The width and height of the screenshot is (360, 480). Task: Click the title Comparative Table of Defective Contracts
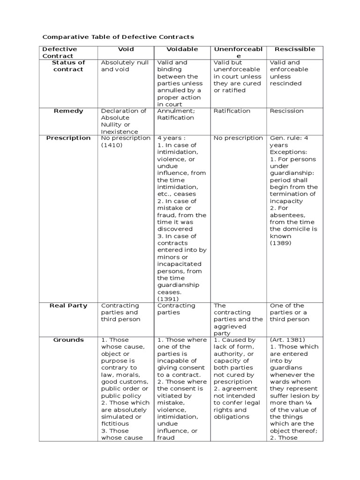point(118,37)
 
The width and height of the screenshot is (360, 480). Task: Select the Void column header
point(126,49)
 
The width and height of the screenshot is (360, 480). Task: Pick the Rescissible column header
point(295,49)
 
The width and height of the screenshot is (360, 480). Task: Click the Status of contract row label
point(68,66)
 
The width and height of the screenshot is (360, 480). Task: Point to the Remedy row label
point(68,111)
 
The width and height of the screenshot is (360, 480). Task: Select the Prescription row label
point(68,138)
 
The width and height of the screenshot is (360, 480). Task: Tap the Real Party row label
point(68,306)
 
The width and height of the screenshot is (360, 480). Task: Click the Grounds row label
point(68,340)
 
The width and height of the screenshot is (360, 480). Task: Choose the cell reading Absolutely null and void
point(125,66)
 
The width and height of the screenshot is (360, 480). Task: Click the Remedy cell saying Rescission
point(287,111)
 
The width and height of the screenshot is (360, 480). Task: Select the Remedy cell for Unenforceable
point(232,111)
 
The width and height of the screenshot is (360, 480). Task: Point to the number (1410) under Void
point(112,145)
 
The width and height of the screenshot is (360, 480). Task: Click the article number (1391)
point(168,299)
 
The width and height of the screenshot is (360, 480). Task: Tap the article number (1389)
point(280,243)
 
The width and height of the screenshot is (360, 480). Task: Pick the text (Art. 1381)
point(287,340)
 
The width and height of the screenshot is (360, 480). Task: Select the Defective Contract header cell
point(60,52)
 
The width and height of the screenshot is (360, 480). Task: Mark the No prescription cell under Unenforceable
point(238,138)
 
